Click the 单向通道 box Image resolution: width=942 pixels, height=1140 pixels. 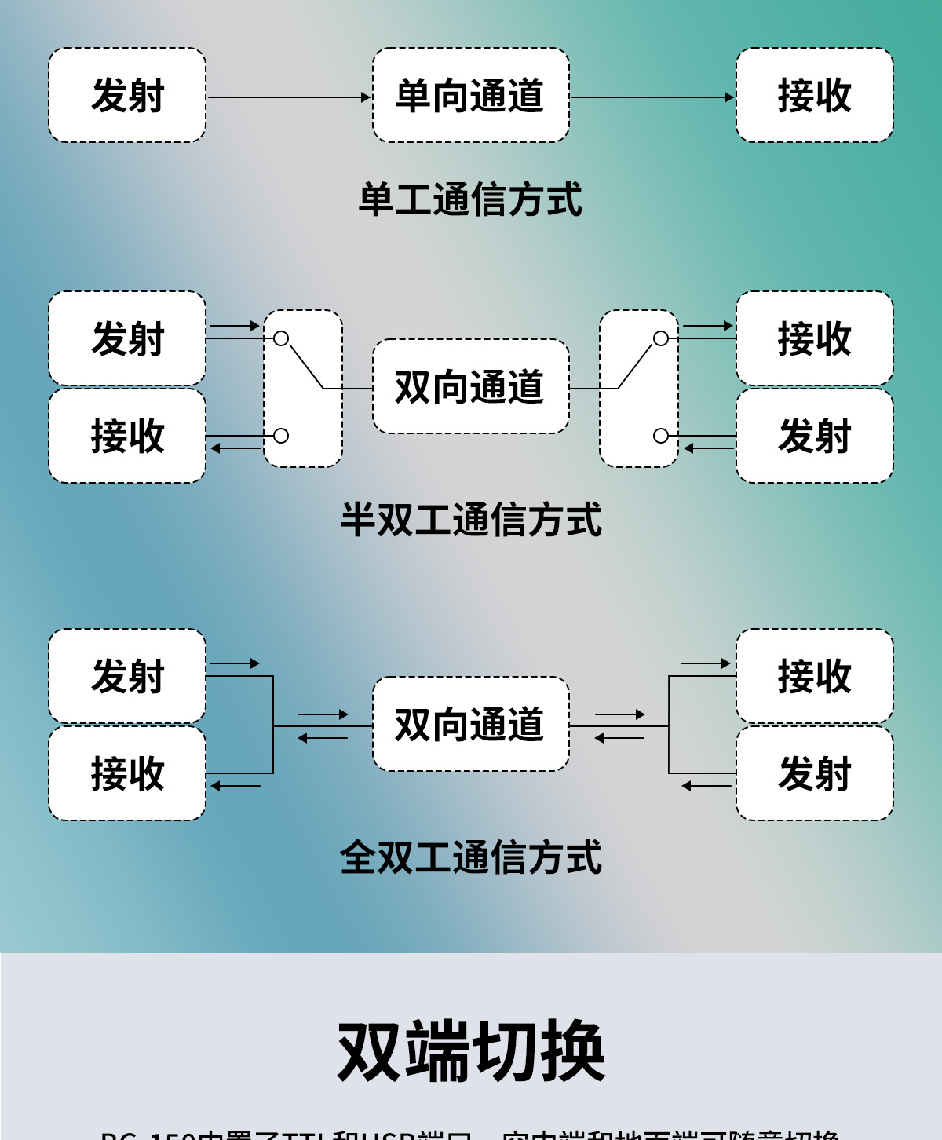470,95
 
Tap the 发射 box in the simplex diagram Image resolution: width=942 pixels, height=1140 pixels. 127,95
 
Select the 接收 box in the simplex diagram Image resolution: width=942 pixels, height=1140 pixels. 814,95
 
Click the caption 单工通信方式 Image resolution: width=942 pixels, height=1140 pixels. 470,199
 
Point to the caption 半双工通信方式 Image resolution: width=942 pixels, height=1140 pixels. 470,520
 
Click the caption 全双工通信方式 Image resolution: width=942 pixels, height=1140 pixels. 470,857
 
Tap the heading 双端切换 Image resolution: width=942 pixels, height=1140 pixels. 471,1052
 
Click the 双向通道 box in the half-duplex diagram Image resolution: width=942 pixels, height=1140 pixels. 470,386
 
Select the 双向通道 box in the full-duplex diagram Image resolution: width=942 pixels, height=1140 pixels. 470,724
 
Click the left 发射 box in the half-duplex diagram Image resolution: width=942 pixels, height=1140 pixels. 127,338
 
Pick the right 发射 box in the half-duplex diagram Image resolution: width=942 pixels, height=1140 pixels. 814,436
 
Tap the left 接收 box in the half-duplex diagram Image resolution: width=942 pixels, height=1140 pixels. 127,436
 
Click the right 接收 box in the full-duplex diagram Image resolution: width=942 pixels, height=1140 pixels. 814,676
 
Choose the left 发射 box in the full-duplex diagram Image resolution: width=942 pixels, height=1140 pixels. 127,676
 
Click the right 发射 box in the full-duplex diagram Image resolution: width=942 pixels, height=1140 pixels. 814,773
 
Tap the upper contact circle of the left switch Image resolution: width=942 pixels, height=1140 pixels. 281,338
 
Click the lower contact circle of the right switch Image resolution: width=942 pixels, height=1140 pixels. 661,436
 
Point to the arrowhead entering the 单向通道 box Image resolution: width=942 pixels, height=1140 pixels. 366,97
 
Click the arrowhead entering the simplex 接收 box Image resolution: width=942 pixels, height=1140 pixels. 729,97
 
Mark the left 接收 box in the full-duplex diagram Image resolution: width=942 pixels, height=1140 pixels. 127,773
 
